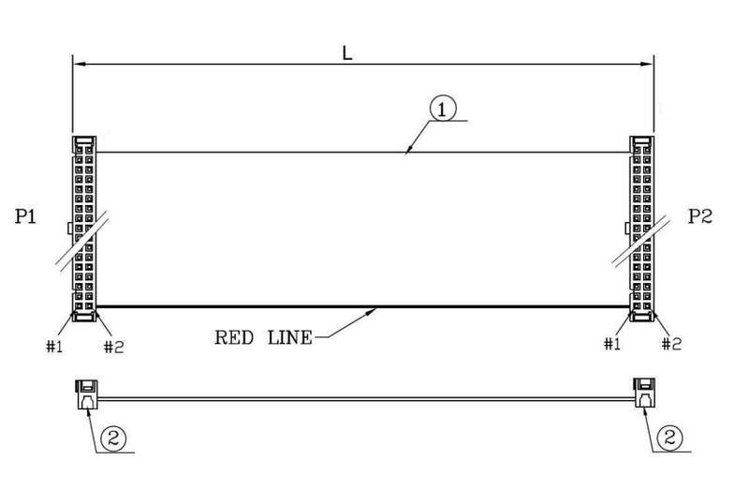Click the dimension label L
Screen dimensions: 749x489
[x=347, y=52]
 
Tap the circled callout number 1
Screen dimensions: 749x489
[x=443, y=110]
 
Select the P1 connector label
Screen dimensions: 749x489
[x=25, y=216]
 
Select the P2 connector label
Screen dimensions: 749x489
[x=699, y=216]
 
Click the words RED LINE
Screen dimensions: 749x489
[x=263, y=337]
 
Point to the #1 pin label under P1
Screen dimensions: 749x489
[x=54, y=346]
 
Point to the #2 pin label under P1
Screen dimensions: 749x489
[x=113, y=347]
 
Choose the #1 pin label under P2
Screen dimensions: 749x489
[x=612, y=344]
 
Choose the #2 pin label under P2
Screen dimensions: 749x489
[x=671, y=344]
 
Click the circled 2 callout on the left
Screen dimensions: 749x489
[x=113, y=437]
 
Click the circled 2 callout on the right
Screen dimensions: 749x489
[x=669, y=437]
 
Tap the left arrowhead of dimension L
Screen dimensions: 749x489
[x=80, y=64]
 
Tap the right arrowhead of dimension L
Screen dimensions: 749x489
[x=647, y=64]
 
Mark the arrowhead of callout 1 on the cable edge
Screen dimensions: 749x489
[x=408, y=149]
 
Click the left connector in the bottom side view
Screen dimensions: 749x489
[x=87, y=394]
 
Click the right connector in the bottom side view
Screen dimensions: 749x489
[x=644, y=393]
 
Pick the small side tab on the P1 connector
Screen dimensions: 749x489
[x=69, y=228]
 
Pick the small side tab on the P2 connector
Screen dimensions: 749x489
[x=627, y=228]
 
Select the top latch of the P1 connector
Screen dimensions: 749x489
[x=84, y=141]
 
